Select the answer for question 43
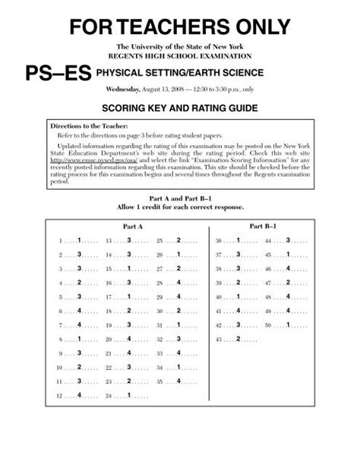coord(238,339)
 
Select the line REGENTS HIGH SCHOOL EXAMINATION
coord(180,56)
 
